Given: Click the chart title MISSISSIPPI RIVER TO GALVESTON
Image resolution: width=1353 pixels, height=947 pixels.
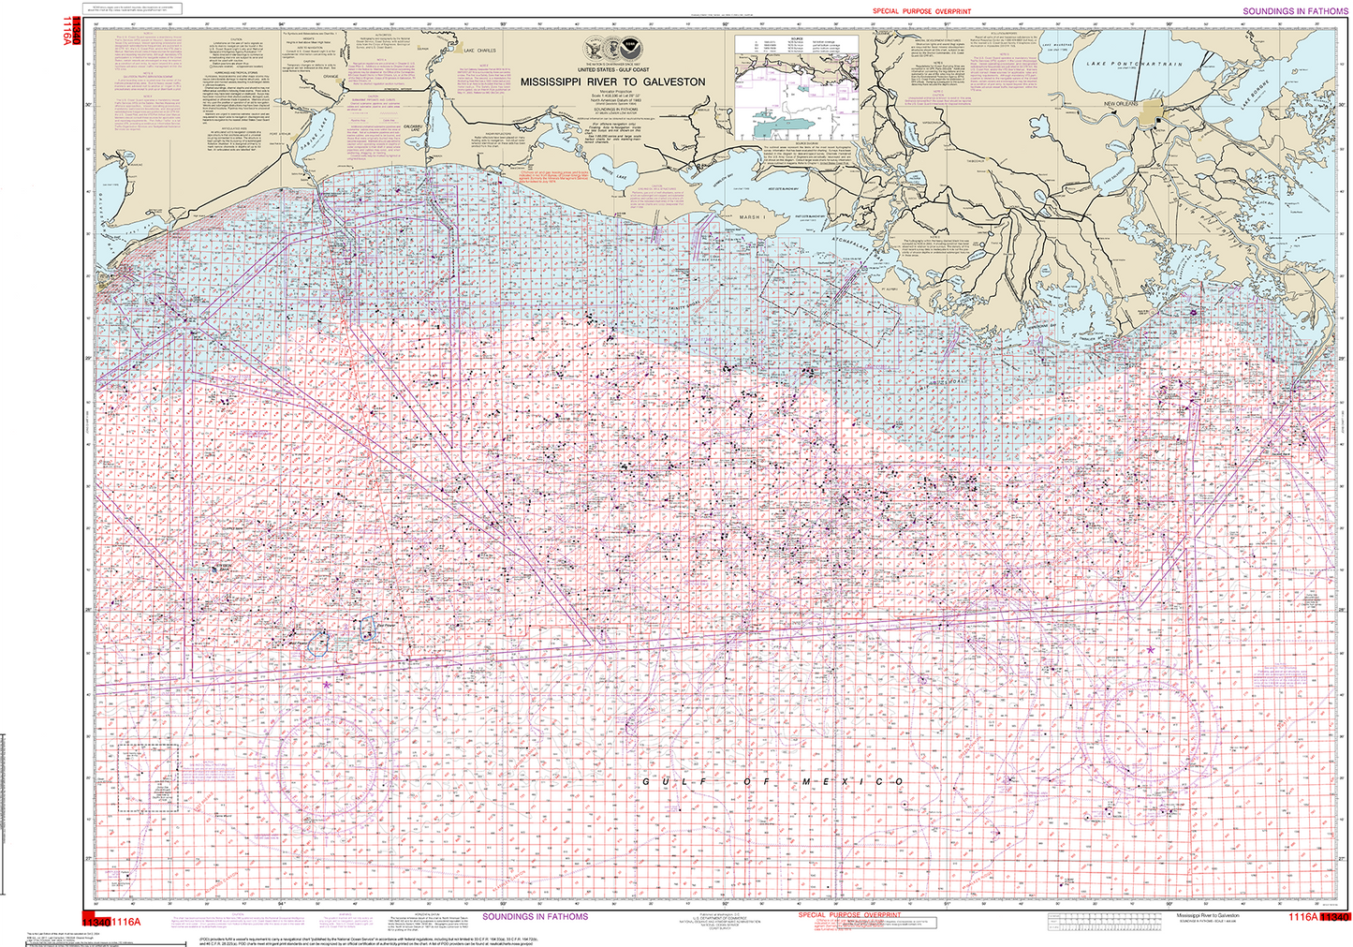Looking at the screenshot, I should [612, 82].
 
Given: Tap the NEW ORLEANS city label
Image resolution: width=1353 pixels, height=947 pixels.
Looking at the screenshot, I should [1121, 103].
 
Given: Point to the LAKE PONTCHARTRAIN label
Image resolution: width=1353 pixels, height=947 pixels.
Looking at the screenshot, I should [1135, 65].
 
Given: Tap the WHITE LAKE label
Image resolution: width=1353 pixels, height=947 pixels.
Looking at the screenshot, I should [614, 173].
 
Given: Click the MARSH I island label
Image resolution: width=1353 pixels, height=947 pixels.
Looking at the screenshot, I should [752, 216].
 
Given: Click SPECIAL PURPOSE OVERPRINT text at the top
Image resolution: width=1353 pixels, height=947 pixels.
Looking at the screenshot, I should [921, 11].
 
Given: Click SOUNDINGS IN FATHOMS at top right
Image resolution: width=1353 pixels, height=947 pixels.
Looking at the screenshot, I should [1295, 11].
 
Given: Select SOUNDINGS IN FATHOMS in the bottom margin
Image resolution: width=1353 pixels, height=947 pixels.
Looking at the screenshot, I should [535, 916].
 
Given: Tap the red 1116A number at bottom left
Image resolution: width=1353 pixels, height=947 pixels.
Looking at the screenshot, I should [125, 922].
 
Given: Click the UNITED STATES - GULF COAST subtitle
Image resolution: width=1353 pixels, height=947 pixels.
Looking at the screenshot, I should [612, 70].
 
